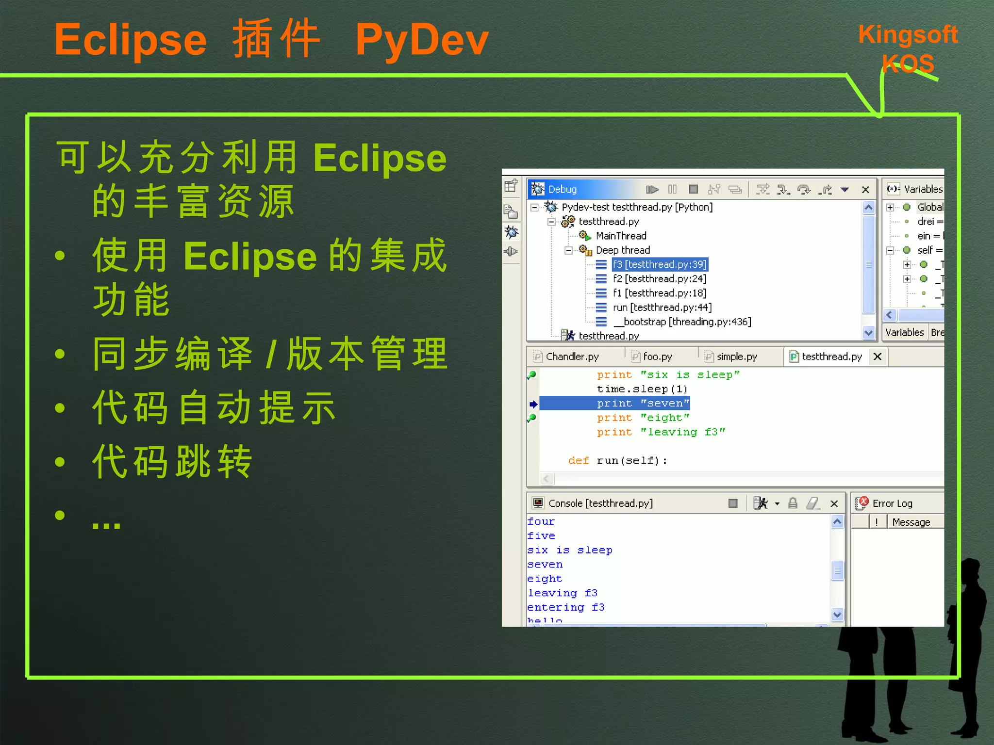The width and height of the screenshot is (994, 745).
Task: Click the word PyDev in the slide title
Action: pyautogui.click(x=421, y=40)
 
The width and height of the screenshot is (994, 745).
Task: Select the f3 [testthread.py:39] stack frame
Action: pyautogui.click(x=659, y=264)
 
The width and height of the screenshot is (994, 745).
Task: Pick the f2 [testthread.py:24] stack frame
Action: pyautogui.click(x=659, y=279)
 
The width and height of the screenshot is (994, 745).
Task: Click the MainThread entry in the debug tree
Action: pyautogui.click(x=621, y=236)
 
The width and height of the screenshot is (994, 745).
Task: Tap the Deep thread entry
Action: pyautogui.click(x=623, y=250)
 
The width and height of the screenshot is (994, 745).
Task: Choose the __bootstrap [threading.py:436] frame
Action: pyautogui.click(x=682, y=322)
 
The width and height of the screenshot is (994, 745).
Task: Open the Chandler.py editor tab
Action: pyautogui.click(x=572, y=356)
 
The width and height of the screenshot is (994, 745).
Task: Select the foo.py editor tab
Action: pyautogui.click(x=657, y=356)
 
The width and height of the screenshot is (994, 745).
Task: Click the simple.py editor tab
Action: pyautogui.click(x=736, y=356)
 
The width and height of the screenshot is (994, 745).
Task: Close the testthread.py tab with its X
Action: pyautogui.click(x=877, y=356)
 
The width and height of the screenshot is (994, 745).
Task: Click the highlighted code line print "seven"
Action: pyautogui.click(x=643, y=404)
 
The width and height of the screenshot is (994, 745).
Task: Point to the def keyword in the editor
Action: pyautogui.click(x=579, y=460)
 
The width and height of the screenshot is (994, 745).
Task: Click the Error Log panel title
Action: pyautogui.click(x=892, y=503)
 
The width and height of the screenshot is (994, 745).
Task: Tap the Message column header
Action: pyautogui.click(x=911, y=522)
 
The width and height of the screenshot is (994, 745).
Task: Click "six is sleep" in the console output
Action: pyautogui.click(x=570, y=550)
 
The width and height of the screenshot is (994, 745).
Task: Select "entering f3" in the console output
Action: pyautogui.click(x=566, y=607)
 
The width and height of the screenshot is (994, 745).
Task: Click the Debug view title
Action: pyautogui.click(x=562, y=189)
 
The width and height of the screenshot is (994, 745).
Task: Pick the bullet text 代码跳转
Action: pyautogui.click(x=172, y=461)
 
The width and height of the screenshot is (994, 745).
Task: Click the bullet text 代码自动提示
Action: pyautogui.click(x=214, y=407)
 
